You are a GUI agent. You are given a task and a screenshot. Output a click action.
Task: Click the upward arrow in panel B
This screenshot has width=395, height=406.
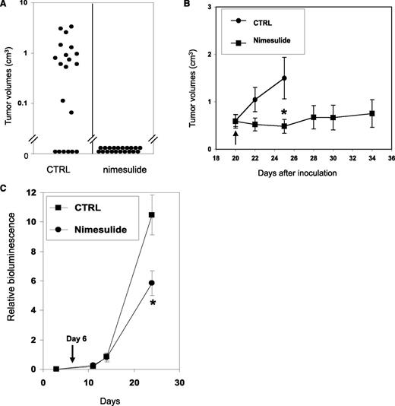(x=235, y=137)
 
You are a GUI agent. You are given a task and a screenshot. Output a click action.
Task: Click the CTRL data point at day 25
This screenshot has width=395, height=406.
(x=284, y=78)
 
